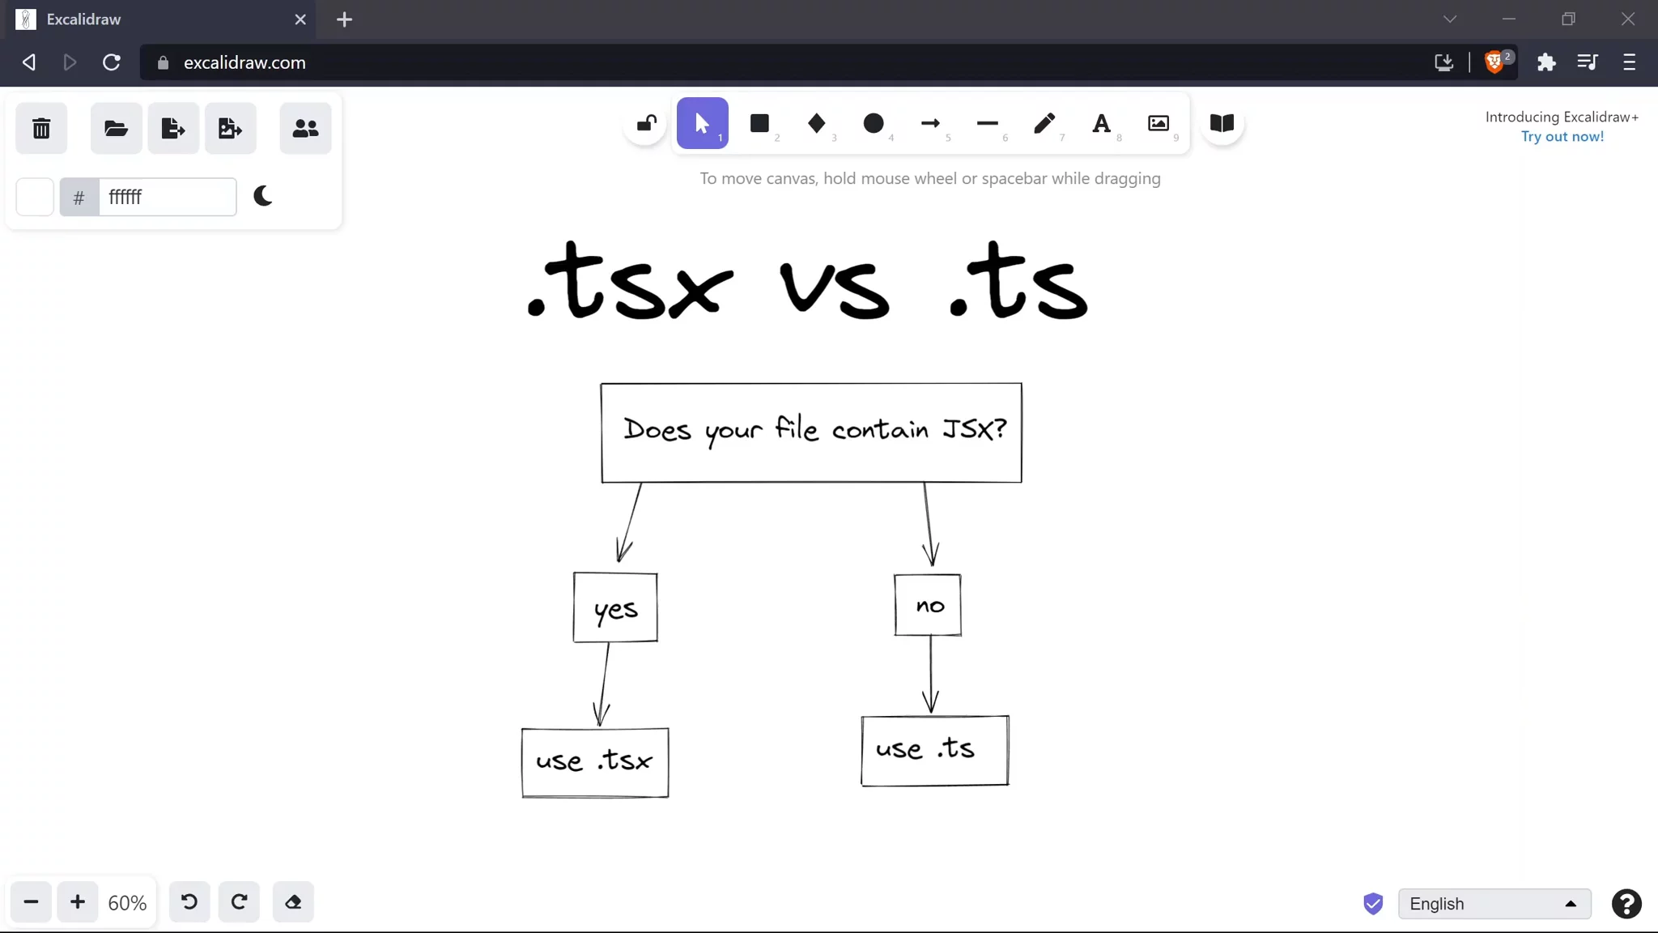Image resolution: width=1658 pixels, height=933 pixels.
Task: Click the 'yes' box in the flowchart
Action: click(x=615, y=608)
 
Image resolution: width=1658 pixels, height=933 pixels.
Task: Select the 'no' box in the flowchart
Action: click(x=928, y=605)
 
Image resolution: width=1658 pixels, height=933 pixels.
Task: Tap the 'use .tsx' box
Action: click(x=595, y=762)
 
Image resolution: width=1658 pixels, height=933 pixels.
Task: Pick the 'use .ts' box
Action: click(x=934, y=750)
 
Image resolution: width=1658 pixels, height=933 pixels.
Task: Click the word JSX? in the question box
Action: click(x=975, y=428)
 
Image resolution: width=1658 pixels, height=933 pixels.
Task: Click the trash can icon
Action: click(x=41, y=128)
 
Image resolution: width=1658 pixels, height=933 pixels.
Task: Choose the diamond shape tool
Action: click(x=816, y=123)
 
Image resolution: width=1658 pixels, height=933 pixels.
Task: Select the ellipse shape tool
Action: click(x=874, y=123)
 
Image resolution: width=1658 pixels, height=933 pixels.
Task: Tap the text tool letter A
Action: click(x=1101, y=123)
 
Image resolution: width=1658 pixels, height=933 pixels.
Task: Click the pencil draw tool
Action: click(x=1044, y=123)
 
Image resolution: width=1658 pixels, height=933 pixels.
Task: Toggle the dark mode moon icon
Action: click(x=263, y=196)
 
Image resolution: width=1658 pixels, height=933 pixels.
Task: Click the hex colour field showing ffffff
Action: click(x=167, y=197)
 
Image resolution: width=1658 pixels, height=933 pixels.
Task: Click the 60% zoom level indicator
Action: click(x=127, y=903)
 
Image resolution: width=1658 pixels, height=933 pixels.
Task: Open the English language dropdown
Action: click(x=1494, y=904)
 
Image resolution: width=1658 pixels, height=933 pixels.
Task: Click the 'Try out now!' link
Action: click(x=1562, y=136)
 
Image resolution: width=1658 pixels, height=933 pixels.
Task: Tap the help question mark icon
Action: click(x=1626, y=904)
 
